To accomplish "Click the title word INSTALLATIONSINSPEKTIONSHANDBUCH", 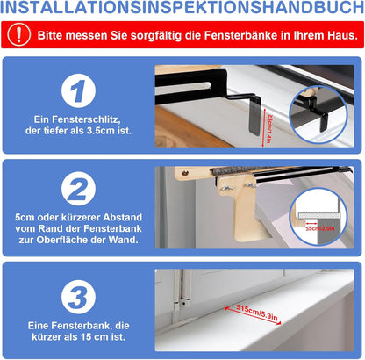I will point(182,11).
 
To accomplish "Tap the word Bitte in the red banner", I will point(51,37).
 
